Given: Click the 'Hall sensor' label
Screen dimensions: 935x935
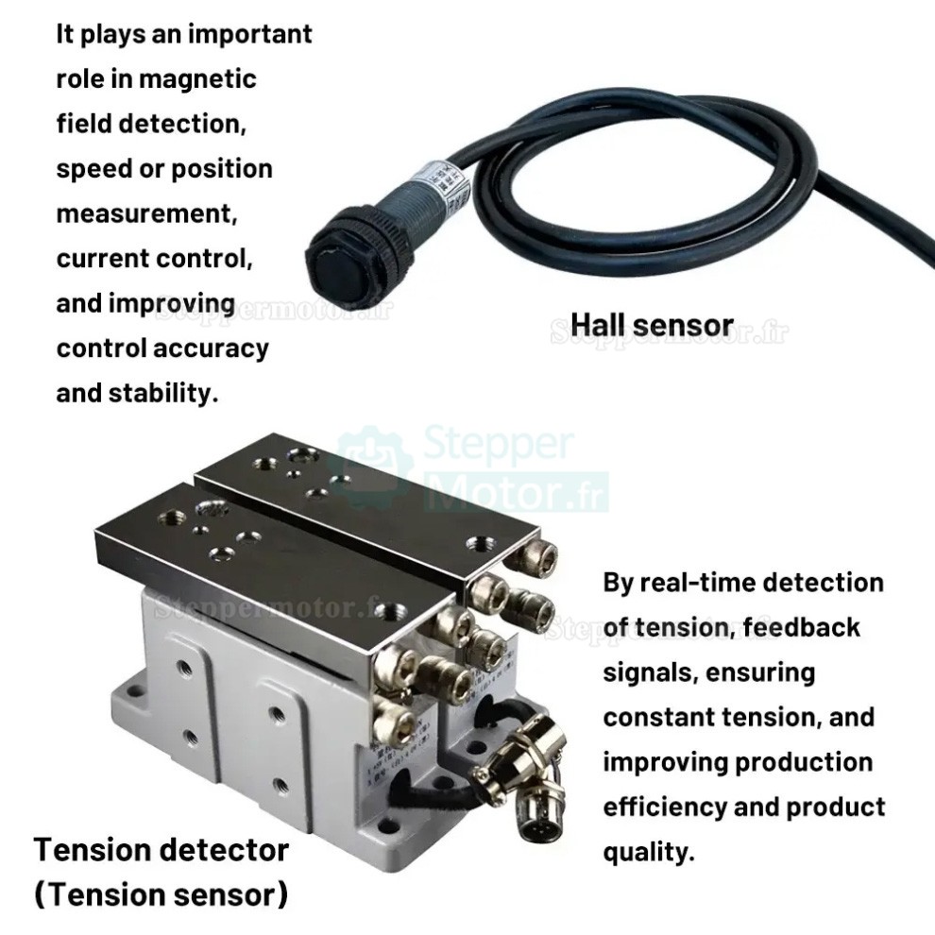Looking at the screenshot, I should tap(652, 325).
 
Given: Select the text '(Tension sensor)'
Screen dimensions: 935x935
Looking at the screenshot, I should tap(161, 893).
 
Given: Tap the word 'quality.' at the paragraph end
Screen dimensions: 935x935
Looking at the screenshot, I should tap(649, 852).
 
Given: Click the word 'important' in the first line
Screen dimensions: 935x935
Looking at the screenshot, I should tap(249, 34).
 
